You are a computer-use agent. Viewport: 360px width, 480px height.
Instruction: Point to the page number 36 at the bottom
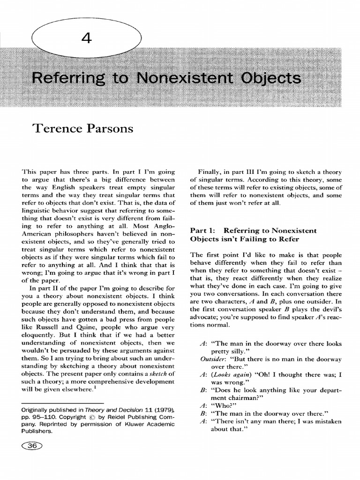coord(32,446)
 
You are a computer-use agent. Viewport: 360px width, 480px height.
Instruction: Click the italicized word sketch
coord(152,373)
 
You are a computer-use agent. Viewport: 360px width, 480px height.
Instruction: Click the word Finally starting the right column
coord(209,172)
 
